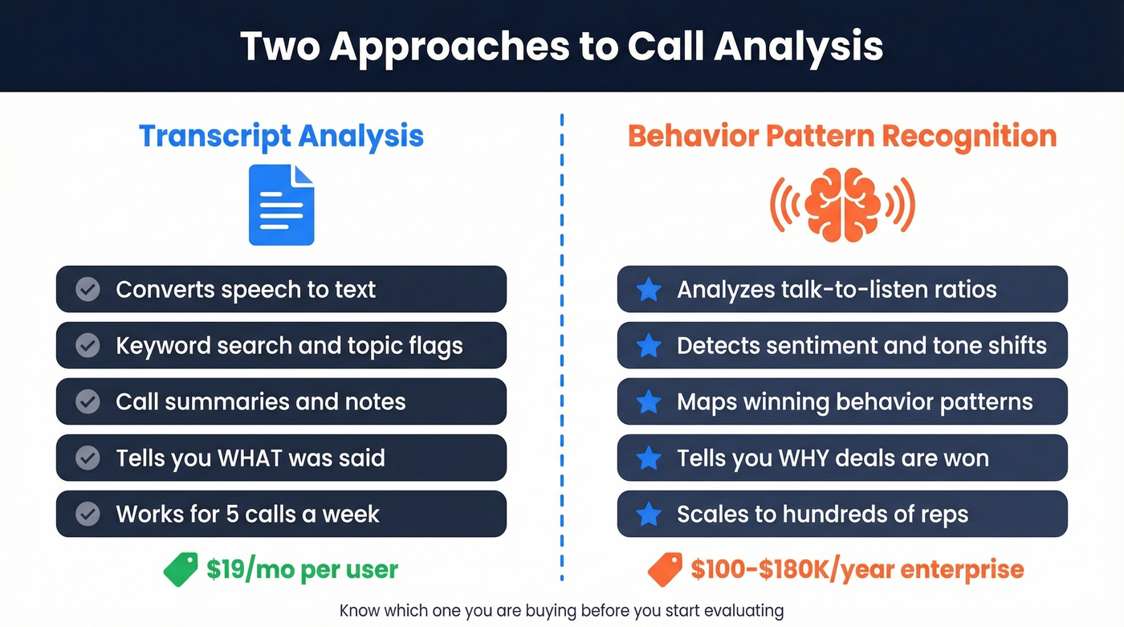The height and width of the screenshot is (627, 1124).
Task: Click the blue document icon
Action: point(281,205)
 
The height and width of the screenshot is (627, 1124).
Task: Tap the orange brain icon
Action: point(842,204)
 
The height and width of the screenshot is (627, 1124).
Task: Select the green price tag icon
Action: point(181,569)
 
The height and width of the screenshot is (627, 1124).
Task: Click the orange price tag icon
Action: point(665,569)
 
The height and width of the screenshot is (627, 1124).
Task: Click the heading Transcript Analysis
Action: point(281,136)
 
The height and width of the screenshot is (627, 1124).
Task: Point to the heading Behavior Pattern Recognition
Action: point(842,136)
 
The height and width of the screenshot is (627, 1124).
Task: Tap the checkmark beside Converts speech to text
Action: point(88,289)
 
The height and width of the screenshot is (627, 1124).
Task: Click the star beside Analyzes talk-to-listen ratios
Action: point(649,289)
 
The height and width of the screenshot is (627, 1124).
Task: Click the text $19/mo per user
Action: point(302,569)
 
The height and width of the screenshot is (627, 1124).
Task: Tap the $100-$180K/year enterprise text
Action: point(857,569)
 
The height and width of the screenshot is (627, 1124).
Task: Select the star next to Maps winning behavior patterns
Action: point(649,401)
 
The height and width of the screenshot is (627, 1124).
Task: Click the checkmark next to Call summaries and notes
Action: point(88,401)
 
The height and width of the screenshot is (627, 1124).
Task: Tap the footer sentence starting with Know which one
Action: point(561,610)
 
